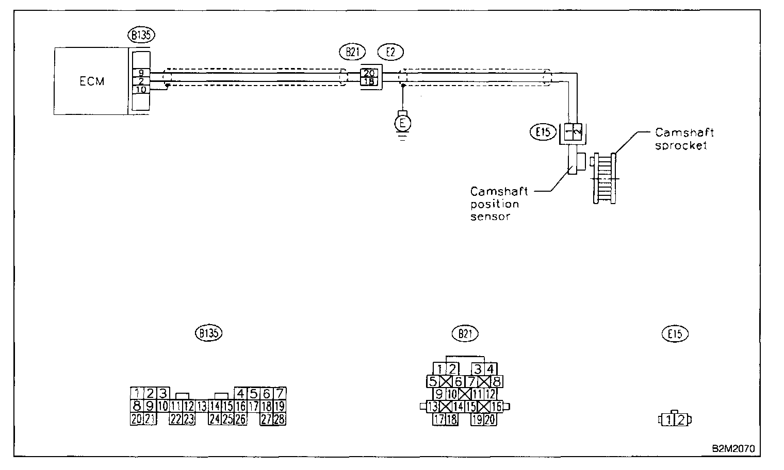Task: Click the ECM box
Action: tap(91, 81)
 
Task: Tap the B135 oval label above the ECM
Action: tap(141, 35)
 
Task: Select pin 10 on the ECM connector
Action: tap(141, 90)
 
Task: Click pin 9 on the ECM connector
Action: tap(141, 73)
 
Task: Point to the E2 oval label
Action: tap(390, 52)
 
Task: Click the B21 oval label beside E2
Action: tap(352, 52)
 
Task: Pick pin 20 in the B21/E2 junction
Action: tap(369, 73)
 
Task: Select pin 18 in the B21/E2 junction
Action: tap(369, 81)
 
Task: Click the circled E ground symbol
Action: tap(402, 123)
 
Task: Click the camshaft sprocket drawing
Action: tap(605, 178)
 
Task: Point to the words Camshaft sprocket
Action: tap(683, 139)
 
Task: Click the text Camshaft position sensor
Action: tap(498, 204)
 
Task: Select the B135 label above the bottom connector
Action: tap(208, 333)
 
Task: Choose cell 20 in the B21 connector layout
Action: tap(489, 419)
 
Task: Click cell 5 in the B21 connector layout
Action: tap(433, 382)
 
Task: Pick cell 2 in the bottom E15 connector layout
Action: tap(681, 419)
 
